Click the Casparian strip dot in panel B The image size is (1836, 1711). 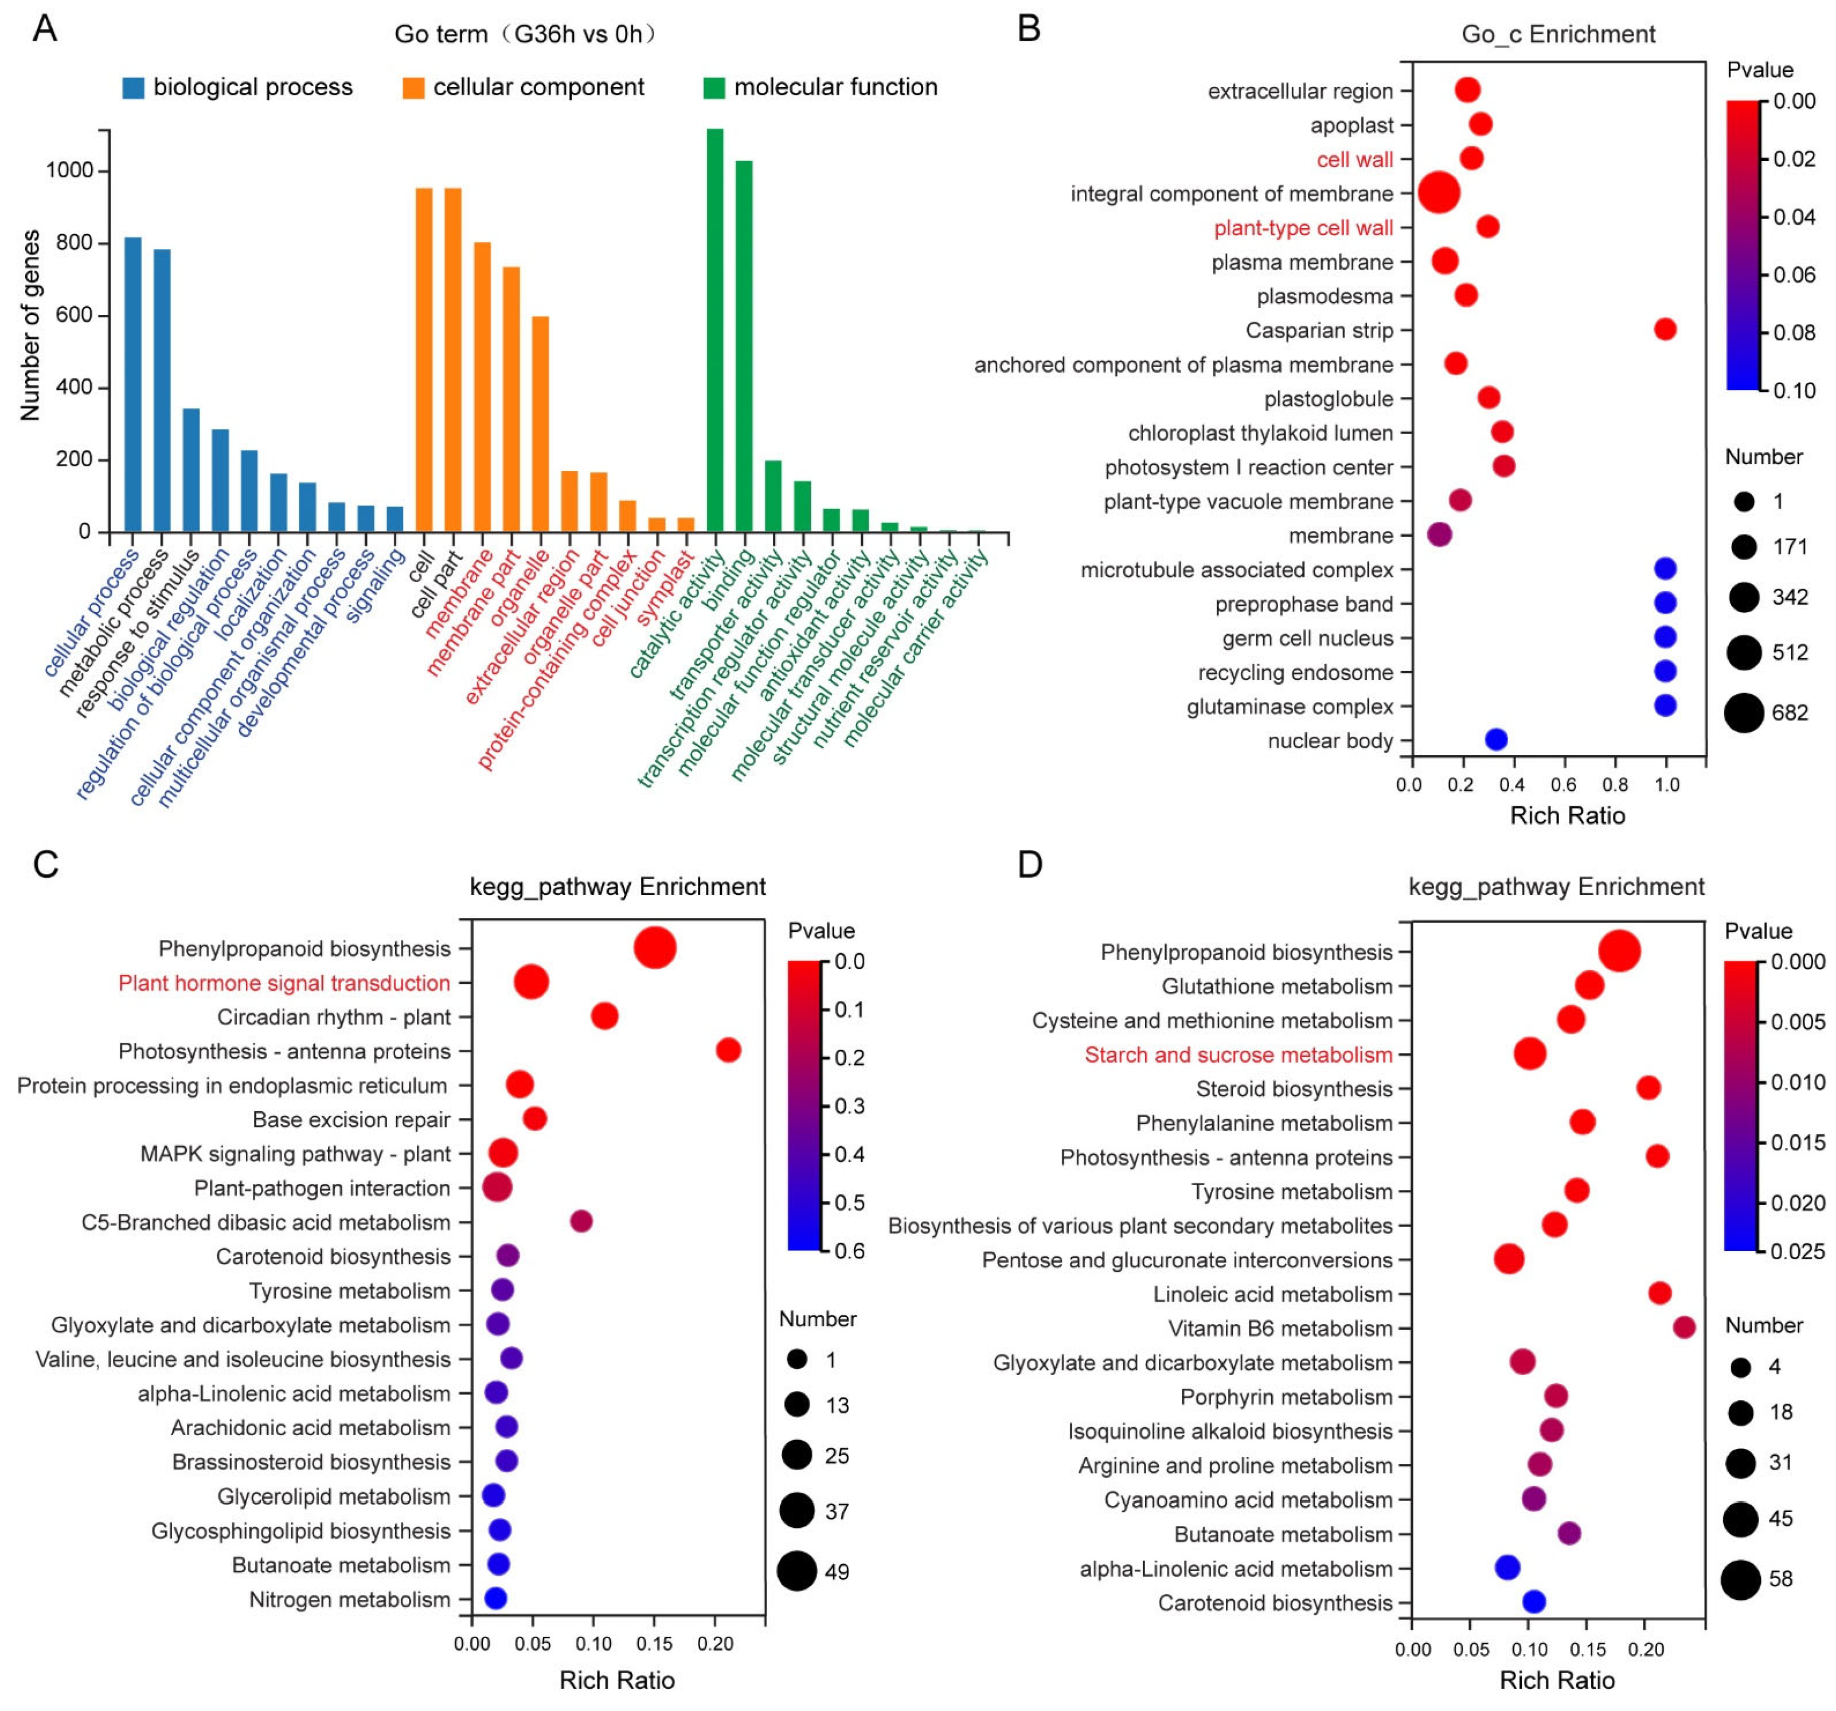point(1665,330)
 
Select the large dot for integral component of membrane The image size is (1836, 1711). point(1439,193)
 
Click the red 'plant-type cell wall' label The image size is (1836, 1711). point(1303,228)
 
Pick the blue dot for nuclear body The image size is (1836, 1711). point(1496,740)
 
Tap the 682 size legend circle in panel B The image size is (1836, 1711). point(1744,713)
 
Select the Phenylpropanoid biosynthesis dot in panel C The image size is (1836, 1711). point(655,948)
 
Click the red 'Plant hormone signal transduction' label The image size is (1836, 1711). point(284,983)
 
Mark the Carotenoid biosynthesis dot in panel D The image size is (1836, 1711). point(1534,1602)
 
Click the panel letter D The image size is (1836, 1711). point(1030,865)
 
